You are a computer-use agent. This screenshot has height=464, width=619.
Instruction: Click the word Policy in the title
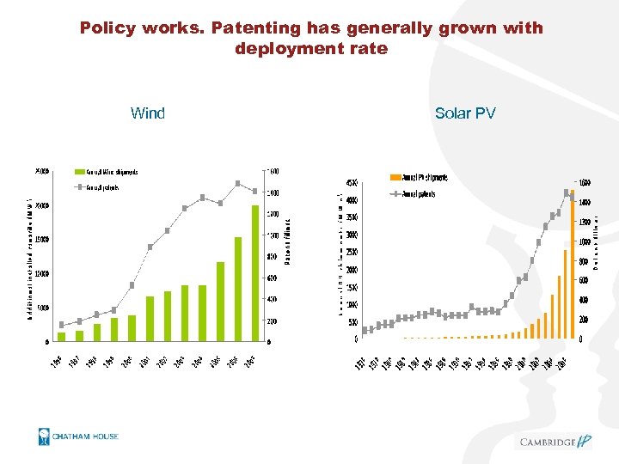point(107,28)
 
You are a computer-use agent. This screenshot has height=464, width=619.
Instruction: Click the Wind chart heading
point(148,113)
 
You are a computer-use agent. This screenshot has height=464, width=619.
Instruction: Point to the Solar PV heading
point(465,113)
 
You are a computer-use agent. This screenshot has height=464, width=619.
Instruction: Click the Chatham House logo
point(78,437)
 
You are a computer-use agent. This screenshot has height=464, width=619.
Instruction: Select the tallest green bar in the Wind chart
point(254,272)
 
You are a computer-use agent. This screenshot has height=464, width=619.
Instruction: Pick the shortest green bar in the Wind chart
point(62,336)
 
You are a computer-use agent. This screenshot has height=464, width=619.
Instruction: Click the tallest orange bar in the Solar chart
point(572,264)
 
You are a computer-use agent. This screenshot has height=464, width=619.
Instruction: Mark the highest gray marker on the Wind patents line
point(237,183)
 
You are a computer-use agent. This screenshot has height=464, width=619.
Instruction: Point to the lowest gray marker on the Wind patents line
point(62,325)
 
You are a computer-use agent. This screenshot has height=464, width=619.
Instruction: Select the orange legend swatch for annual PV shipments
point(395,178)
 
